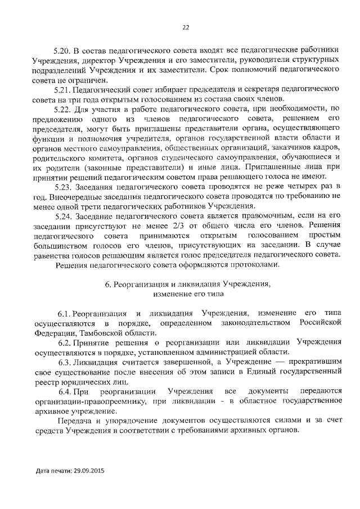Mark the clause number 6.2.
coord(65,343)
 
